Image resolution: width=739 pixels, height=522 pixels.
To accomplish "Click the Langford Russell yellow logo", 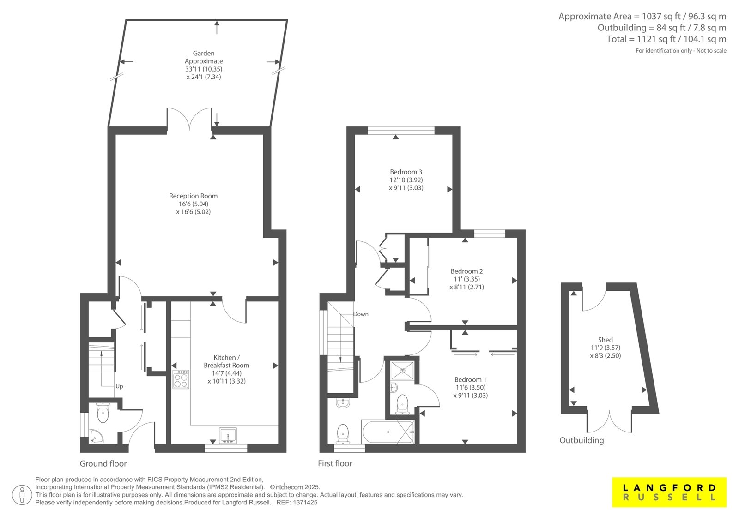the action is [x=669, y=492].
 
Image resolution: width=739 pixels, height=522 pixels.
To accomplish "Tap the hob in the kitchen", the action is [x=181, y=379].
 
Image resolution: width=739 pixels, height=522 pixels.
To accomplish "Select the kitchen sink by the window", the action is [x=228, y=435].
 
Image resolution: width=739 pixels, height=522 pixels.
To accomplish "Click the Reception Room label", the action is [x=194, y=196].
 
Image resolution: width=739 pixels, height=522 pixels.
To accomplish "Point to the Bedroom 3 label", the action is [x=406, y=172].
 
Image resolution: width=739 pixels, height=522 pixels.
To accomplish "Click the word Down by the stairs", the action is [x=361, y=314].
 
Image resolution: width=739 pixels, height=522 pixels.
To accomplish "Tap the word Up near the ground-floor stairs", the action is [x=119, y=386].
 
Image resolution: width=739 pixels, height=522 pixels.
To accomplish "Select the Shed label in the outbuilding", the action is [x=606, y=340].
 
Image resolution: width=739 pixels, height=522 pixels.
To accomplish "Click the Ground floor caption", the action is [x=103, y=464].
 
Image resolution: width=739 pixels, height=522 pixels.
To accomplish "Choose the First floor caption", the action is [x=335, y=463].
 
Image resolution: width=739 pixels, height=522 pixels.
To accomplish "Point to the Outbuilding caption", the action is [x=582, y=440].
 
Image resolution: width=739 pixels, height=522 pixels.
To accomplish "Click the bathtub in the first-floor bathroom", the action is [x=388, y=432].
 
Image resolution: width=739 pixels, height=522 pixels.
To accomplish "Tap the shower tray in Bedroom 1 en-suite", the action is [x=402, y=371].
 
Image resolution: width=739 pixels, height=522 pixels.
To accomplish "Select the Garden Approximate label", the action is [x=204, y=57].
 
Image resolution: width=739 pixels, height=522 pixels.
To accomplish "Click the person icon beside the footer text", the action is [x=22, y=495].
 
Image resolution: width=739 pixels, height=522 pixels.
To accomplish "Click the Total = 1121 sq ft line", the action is [x=666, y=39].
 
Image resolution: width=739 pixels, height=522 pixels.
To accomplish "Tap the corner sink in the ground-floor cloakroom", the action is [x=97, y=437].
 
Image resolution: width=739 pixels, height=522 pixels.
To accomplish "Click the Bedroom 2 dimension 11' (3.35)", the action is [x=467, y=279].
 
